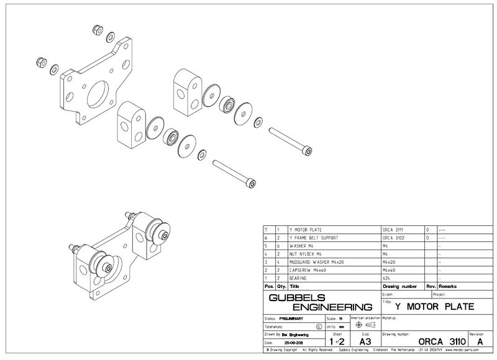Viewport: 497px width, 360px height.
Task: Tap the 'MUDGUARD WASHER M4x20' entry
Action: point(315,262)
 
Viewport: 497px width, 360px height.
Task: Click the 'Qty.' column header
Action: point(280,287)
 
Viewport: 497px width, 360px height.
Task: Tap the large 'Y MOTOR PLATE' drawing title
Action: point(435,307)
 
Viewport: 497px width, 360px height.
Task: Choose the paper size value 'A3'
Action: point(365,341)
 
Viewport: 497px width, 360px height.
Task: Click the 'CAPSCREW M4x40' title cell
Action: point(308,271)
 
